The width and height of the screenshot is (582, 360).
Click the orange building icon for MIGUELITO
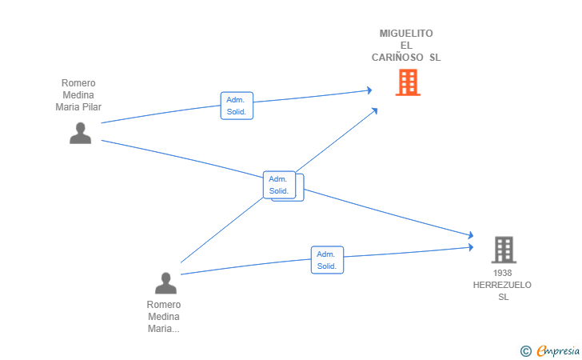pyautogui.click(x=408, y=82)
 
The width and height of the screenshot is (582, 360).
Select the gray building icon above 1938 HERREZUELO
pyautogui.click(x=504, y=250)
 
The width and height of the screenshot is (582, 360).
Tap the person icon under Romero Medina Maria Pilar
pyautogui.click(x=80, y=133)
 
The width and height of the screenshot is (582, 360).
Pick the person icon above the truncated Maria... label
pyautogui.click(x=165, y=283)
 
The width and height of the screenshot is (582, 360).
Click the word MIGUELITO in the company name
pyautogui.click(x=406, y=34)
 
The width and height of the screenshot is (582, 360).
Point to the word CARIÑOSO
pyautogui.click(x=397, y=58)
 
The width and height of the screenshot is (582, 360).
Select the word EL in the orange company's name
pyautogui.click(x=406, y=46)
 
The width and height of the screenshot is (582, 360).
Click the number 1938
pyautogui.click(x=502, y=273)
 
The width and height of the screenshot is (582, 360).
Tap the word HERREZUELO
pyautogui.click(x=502, y=285)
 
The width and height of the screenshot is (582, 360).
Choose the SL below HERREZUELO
pyautogui.click(x=504, y=297)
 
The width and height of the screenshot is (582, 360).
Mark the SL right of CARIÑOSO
pyautogui.click(x=435, y=58)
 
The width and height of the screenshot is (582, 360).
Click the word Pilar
pyautogui.click(x=91, y=107)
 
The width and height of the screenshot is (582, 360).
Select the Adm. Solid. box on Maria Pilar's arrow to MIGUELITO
pyautogui.click(x=237, y=106)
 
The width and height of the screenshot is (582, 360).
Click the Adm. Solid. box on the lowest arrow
pyautogui.click(x=328, y=260)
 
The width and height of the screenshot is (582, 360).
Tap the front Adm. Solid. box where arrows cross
pyautogui.click(x=279, y=185)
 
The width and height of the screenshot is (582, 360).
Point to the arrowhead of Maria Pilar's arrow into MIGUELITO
pyautogui.click(x=369, y=90)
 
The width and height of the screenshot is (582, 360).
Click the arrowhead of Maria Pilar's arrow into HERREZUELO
pyautogui.click(x=471, y=234)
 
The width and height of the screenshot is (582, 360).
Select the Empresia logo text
pyautogui.click(x=558, y=350)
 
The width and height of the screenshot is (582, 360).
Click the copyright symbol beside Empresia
pyautogui.click(x=525, y=351)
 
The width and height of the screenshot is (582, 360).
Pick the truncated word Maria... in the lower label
pyautogui.click(x=164, y=329)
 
